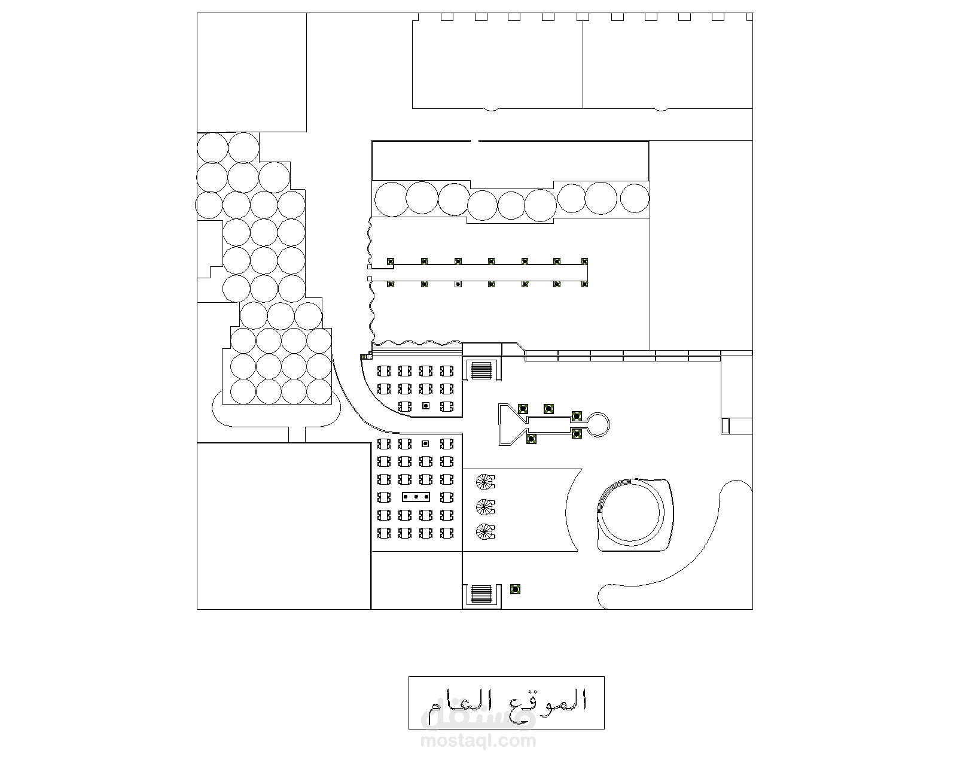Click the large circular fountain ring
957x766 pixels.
coord(632,513)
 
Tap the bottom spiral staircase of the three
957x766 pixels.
coord(485,531)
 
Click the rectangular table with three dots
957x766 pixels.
coord(416,497)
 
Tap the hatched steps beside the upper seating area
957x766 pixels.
coord(481,370)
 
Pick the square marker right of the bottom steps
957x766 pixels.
coord(515,589)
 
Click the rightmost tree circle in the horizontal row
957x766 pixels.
coord(635,197)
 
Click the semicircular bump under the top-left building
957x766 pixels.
coord(490,110)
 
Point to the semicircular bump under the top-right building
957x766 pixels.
coord(660,110)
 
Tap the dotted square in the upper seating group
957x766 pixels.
coord(426,406)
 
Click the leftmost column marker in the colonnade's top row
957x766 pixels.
coord(390,262)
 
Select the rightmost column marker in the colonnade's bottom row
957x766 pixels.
coord(585,284)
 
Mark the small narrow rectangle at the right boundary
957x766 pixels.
coord(726,426)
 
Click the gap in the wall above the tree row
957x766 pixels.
coord(475,141)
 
